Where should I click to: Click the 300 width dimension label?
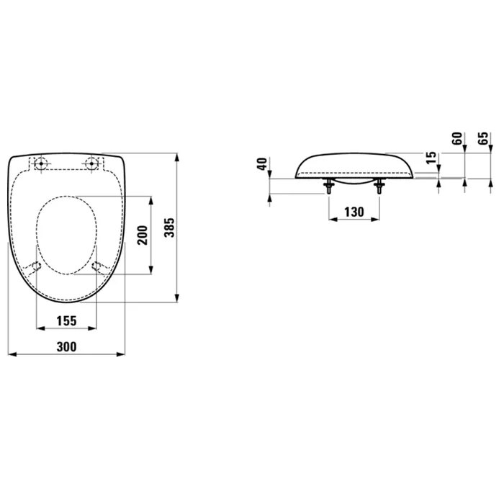click(66, 347)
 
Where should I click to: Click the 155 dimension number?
click(66, 321)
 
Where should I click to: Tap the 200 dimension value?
click(143, 235)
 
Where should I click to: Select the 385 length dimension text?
click(169, 228)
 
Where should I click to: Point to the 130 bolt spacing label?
click(354, 212)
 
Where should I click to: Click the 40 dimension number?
click(263, 164)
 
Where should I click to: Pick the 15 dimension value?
click(431, 158)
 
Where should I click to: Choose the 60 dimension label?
click(457, 138)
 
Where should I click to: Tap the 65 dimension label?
click(483, 138)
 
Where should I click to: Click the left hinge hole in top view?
click(41, 163)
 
